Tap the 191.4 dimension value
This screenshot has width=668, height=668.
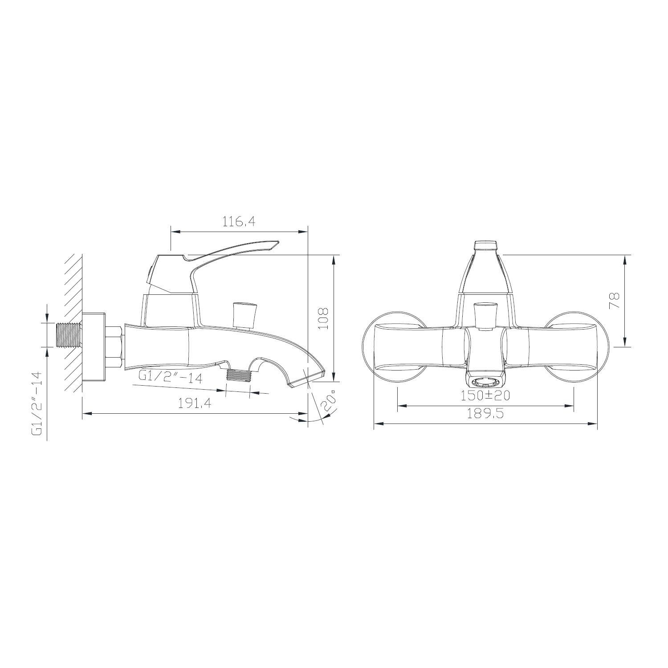(194, 403)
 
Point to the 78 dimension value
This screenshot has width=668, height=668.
(615, 301)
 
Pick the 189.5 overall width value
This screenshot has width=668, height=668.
(485, 413)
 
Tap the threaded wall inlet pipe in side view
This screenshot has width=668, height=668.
(69, 334)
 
